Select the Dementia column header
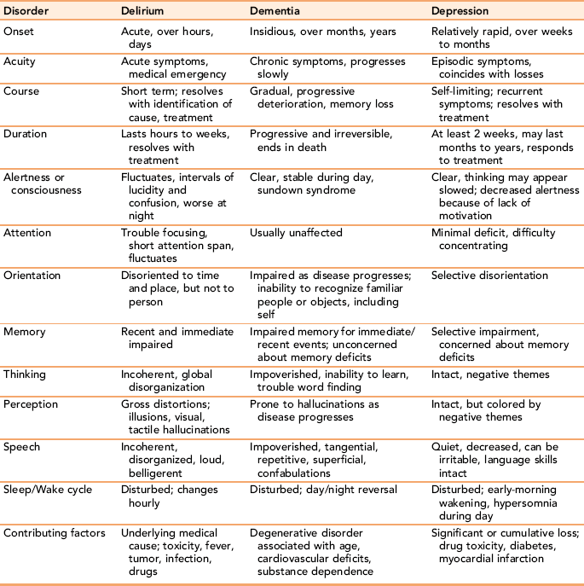tap(277, 12)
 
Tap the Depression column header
tap(460, 12)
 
